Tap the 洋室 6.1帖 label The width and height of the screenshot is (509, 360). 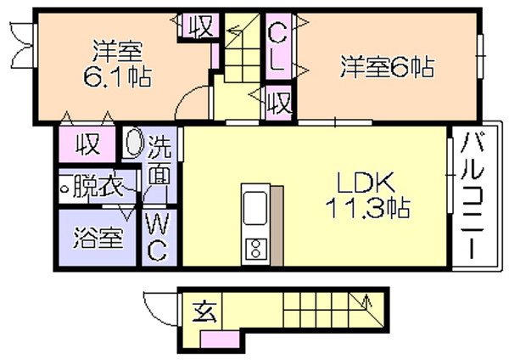pos(117,64)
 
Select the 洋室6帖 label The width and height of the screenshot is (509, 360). pos(387,67)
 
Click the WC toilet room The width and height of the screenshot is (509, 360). pos(159,238)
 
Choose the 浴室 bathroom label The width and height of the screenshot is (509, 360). pos(98,238)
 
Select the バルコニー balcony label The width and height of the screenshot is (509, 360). pos(473,195)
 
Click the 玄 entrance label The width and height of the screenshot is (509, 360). pos(204,312)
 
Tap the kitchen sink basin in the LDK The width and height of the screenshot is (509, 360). pos(255,207)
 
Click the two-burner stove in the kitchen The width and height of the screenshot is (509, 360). pos(256,249)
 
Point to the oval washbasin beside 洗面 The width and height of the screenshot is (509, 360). pos(134,143)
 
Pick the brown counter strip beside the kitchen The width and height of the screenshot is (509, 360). pos(277,226)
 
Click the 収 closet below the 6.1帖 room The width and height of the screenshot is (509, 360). pos(87,144)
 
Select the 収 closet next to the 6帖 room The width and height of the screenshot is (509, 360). pos(278,103)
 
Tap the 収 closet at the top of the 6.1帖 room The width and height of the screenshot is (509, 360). pos(200,25)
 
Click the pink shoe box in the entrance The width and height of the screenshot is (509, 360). pos(220,340)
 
